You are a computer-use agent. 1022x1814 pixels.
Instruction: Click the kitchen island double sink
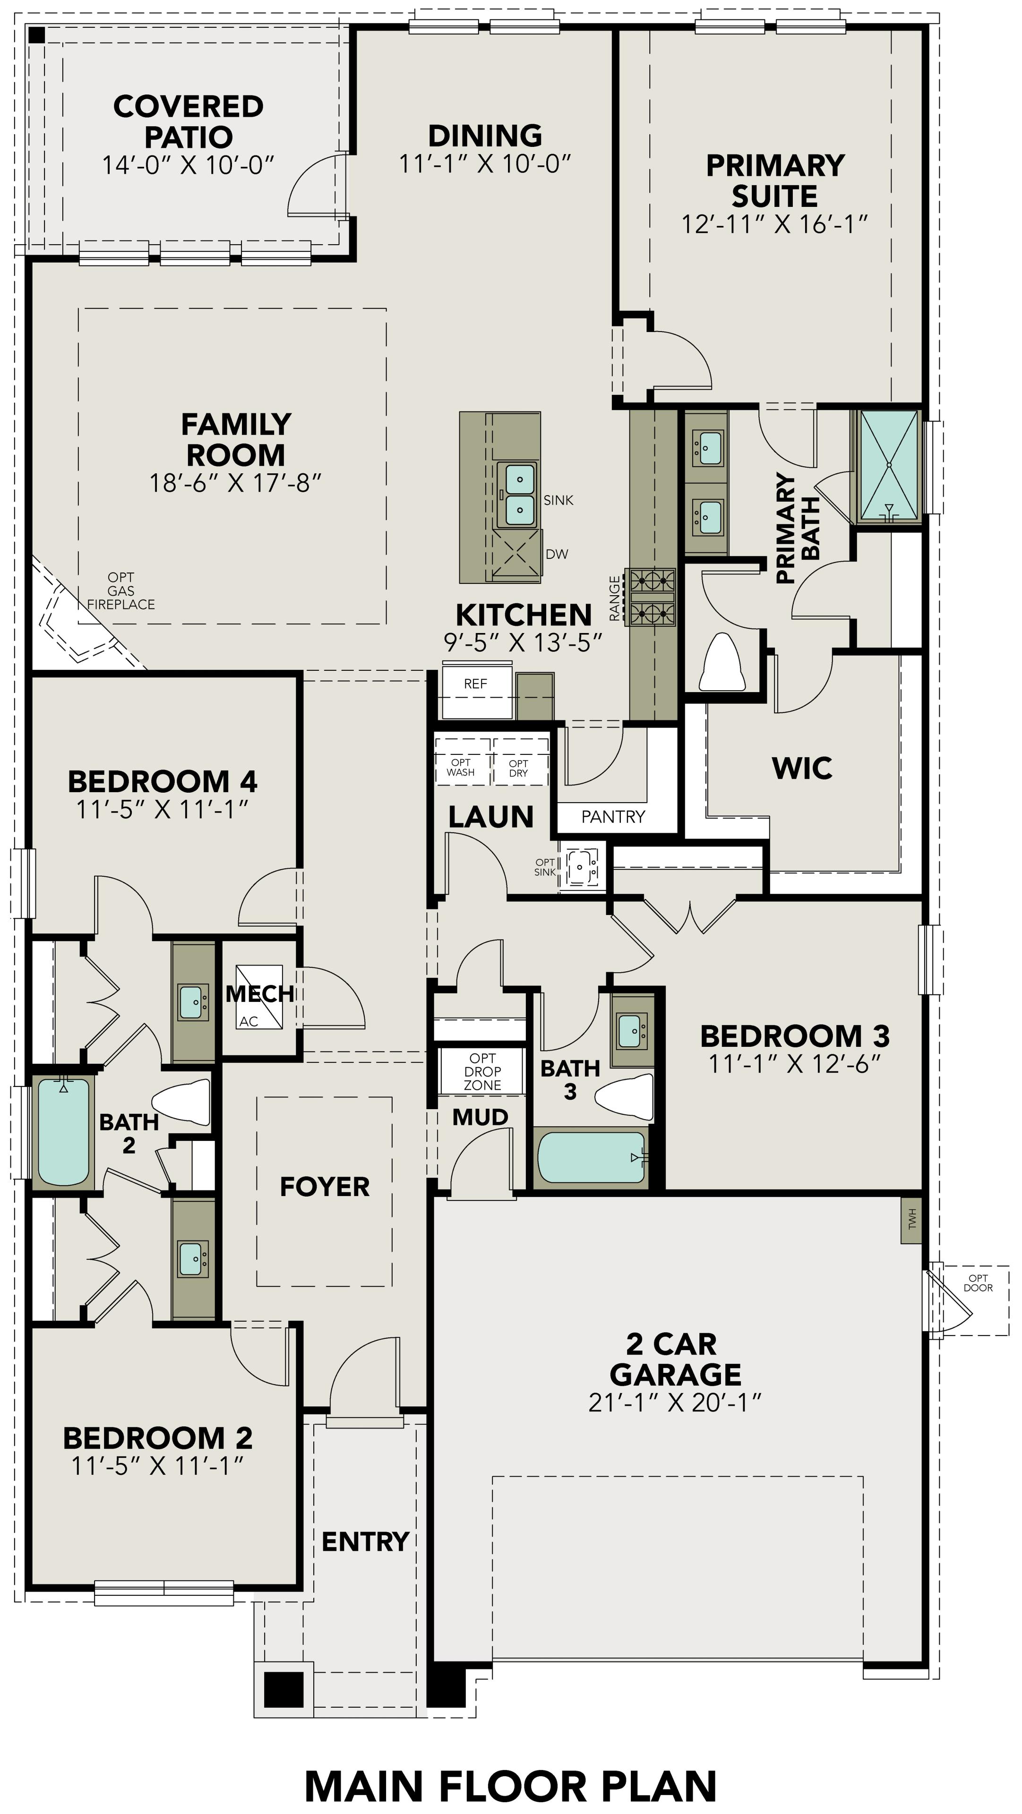click(x=518, y=494)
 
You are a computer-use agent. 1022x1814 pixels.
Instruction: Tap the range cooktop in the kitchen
click(x=652, y=597)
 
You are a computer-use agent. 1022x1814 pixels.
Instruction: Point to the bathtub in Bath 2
click(x=63, y=1132)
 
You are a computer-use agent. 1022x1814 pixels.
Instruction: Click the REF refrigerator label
click(x=475, y=684)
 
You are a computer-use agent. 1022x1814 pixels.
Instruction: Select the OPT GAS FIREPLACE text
click(x=120, y=591)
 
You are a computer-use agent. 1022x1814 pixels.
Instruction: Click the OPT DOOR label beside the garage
click(x=978, y=1283)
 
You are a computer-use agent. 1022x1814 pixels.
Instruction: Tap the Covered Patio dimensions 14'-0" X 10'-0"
click(x=188, y=165)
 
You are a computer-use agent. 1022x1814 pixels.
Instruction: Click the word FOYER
click(x=325, y=1187)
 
